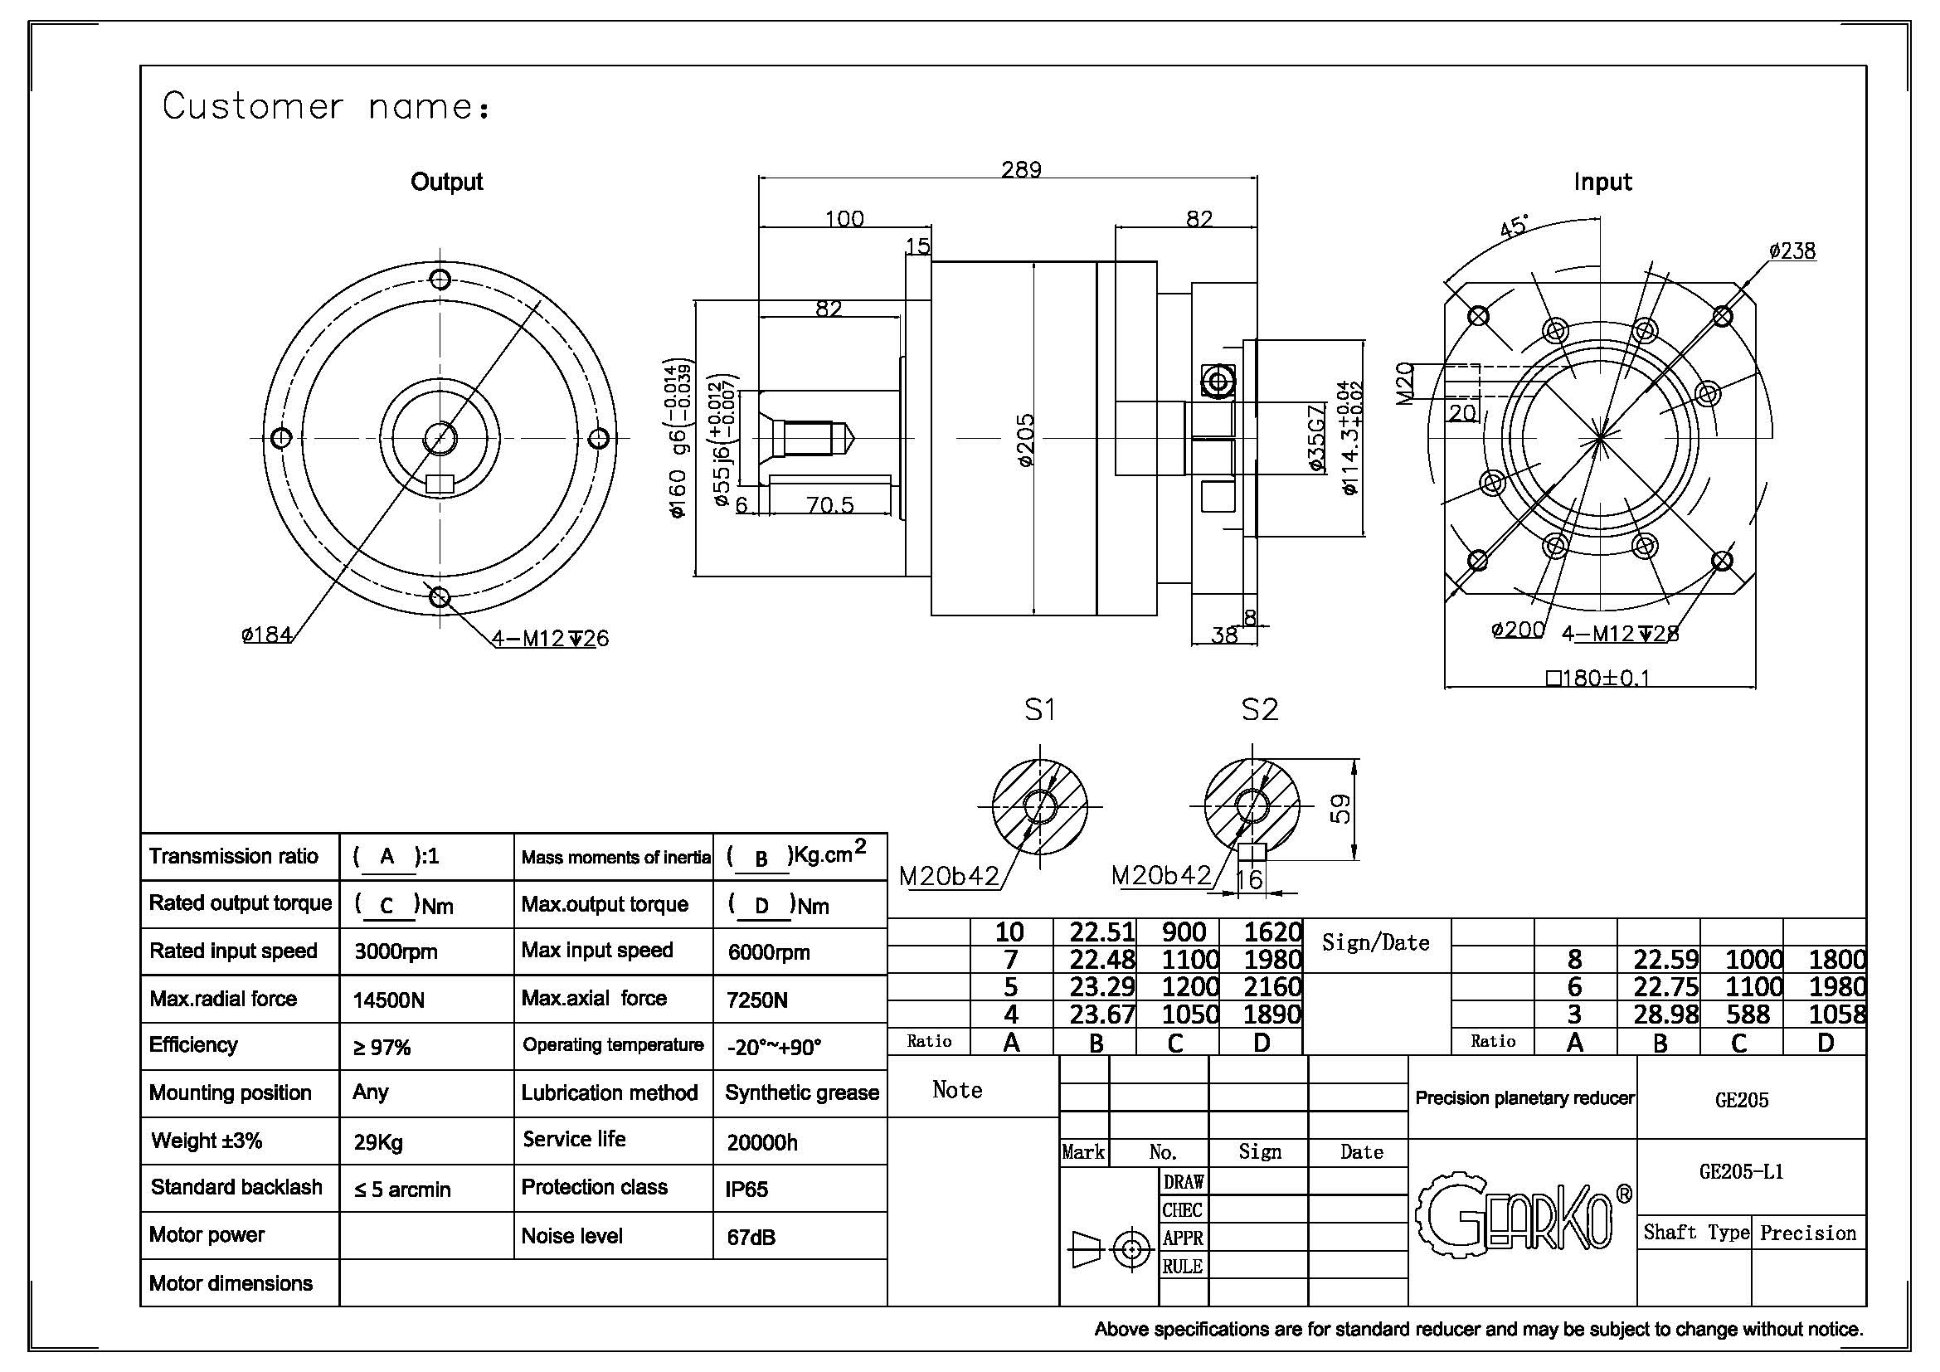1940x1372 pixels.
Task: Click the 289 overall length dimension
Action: point(1021,170)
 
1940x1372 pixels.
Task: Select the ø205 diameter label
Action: point(1025,440)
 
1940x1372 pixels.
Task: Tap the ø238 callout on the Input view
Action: point(1792,251)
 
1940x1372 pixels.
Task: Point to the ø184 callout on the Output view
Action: point(267,634)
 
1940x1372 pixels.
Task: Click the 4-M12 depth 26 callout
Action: point(550,638)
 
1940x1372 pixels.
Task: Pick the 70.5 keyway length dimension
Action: point(829,505)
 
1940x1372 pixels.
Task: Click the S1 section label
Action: point(1039,710)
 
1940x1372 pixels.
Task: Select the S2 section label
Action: point(1259,710)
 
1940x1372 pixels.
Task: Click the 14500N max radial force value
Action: point(389,1000)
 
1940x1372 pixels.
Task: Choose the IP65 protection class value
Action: point(747,1190)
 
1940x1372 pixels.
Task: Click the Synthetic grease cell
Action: point(802,1092)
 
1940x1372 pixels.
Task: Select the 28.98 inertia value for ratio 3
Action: point(1665,1014)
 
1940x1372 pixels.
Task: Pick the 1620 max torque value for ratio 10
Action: point(1272,932)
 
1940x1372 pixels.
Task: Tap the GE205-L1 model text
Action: point(1741,1172)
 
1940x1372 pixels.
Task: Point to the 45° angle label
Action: point(1514,227)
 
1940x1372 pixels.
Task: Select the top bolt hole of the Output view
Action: point(440,279)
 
